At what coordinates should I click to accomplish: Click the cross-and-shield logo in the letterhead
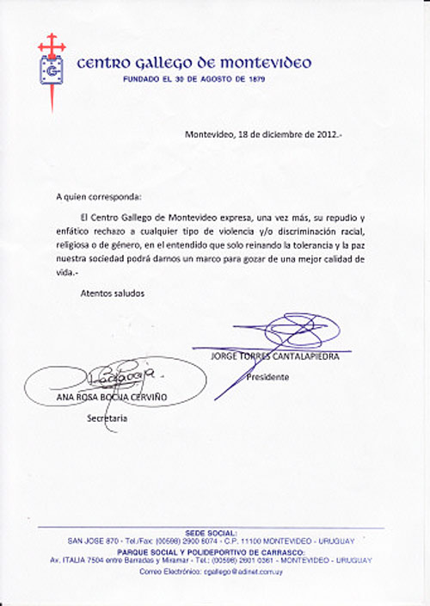(52, 67)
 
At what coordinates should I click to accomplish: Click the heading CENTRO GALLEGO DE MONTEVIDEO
(193, 63)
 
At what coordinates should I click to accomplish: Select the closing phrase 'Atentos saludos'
(113, 293)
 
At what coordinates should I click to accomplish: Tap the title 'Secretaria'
(107, 418)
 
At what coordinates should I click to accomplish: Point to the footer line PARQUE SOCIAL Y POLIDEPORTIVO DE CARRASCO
(214, 551)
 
